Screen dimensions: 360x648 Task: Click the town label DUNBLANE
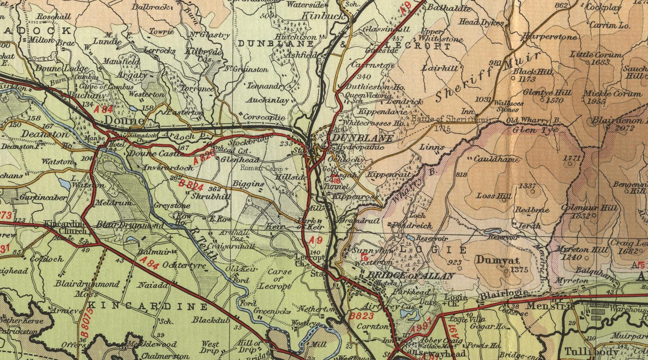362,138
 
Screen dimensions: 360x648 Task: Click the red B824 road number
192,185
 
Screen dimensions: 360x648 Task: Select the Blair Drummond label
130,225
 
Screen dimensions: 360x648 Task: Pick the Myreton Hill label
568,249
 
